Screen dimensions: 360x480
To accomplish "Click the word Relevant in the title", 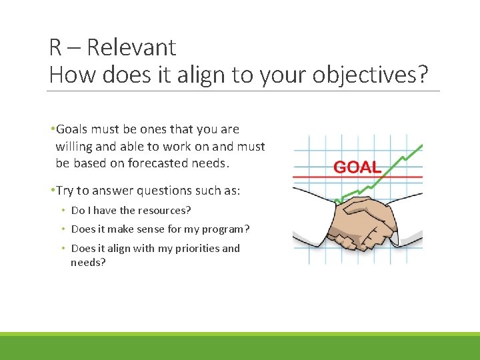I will coord(131,47).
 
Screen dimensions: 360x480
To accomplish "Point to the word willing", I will coord(75,147).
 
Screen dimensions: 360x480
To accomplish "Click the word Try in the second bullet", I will coord(66,191).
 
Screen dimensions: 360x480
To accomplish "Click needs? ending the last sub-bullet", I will coord(88,263).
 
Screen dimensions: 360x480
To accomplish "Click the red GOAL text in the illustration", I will coord(357,167).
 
